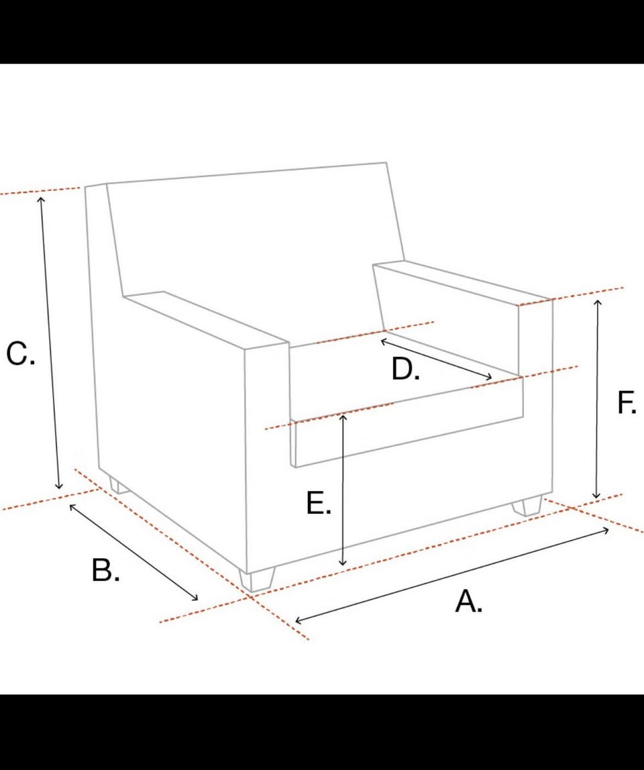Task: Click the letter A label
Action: coord(468,602)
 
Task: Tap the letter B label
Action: coord(105,569)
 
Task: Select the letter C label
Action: coord(20,353)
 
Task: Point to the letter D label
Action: coord(405,369)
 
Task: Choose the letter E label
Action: coord(319,503)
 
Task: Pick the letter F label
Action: coord(627,402)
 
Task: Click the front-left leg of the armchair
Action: coord(258,580)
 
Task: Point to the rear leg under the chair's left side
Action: coord(118,486)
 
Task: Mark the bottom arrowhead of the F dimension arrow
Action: coord(596,496)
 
